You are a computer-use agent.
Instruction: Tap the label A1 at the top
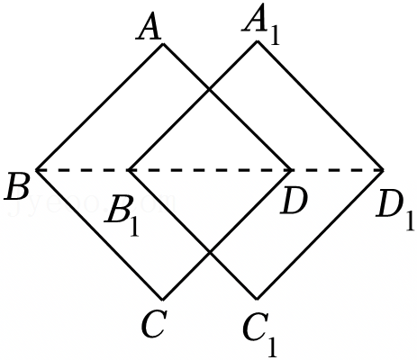click(260, 25)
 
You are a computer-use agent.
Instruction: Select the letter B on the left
click(17, 187)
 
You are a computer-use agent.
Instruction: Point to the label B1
click(122, 213)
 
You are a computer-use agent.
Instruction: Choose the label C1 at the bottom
click(260, 336)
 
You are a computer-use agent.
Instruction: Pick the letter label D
click(294, 202)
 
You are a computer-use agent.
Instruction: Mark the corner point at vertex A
click(163, 44)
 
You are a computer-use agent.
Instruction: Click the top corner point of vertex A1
click(257, 41)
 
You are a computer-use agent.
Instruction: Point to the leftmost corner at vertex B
click(36, 170)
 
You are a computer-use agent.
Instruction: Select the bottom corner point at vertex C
click(162, 300)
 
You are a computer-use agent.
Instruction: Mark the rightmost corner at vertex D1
click(384, 170)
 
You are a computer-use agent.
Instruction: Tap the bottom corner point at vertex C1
click(257, 300)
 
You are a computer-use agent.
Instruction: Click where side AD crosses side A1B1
click(210, 89)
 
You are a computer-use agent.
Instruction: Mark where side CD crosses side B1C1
click(210, 252)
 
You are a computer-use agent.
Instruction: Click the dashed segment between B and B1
click(83, 170)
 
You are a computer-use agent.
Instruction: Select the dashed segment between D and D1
click(337, 170)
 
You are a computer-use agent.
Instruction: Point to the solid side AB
click(100, 107)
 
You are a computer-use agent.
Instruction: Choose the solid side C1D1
click(320, 235)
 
